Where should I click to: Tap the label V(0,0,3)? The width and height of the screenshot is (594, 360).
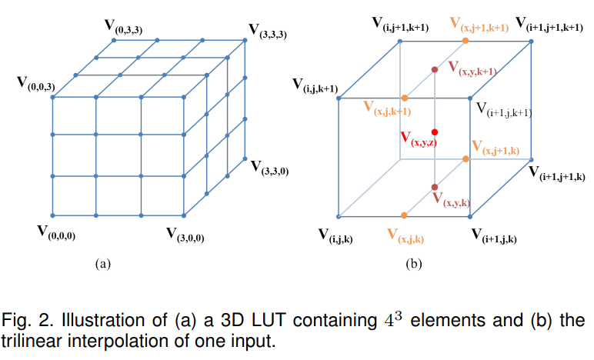36,82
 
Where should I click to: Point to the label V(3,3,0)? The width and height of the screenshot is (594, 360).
269,167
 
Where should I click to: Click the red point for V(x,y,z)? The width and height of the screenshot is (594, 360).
435,132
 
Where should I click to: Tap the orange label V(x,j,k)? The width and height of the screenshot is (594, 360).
405,235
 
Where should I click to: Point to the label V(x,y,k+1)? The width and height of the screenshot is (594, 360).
472,68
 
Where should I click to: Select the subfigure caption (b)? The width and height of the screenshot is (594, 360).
414,264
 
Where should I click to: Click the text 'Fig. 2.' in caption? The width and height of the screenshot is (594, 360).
28,319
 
